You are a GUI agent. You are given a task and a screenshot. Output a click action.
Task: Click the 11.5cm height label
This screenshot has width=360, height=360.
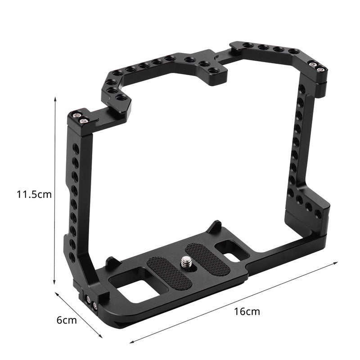pos(34,194)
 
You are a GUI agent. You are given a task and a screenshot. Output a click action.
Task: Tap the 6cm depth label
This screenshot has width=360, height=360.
pos(67,320)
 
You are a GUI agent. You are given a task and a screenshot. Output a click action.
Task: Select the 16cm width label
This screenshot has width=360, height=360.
pos(247,311)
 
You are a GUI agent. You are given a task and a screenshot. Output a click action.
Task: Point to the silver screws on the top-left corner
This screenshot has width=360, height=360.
pos(81,118)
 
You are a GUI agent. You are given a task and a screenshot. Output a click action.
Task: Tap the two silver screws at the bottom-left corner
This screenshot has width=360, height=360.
pos(92,304)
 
